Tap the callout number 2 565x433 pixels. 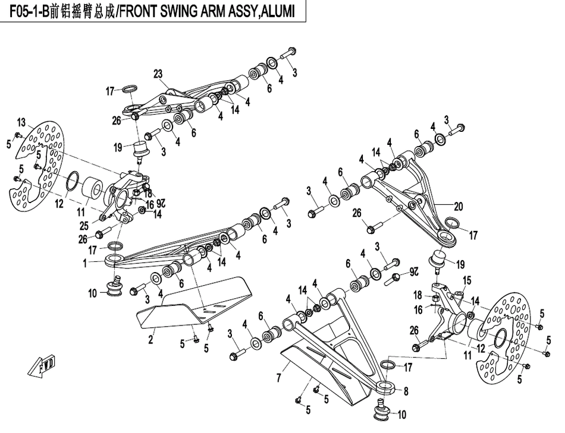(151, 340)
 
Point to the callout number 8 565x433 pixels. (406, 391)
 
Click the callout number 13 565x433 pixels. (21, 123)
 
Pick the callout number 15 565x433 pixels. (467, 280)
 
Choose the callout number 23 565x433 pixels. (158, 74)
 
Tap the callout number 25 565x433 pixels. (84, 225)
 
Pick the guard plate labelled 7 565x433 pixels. (321, 371)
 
